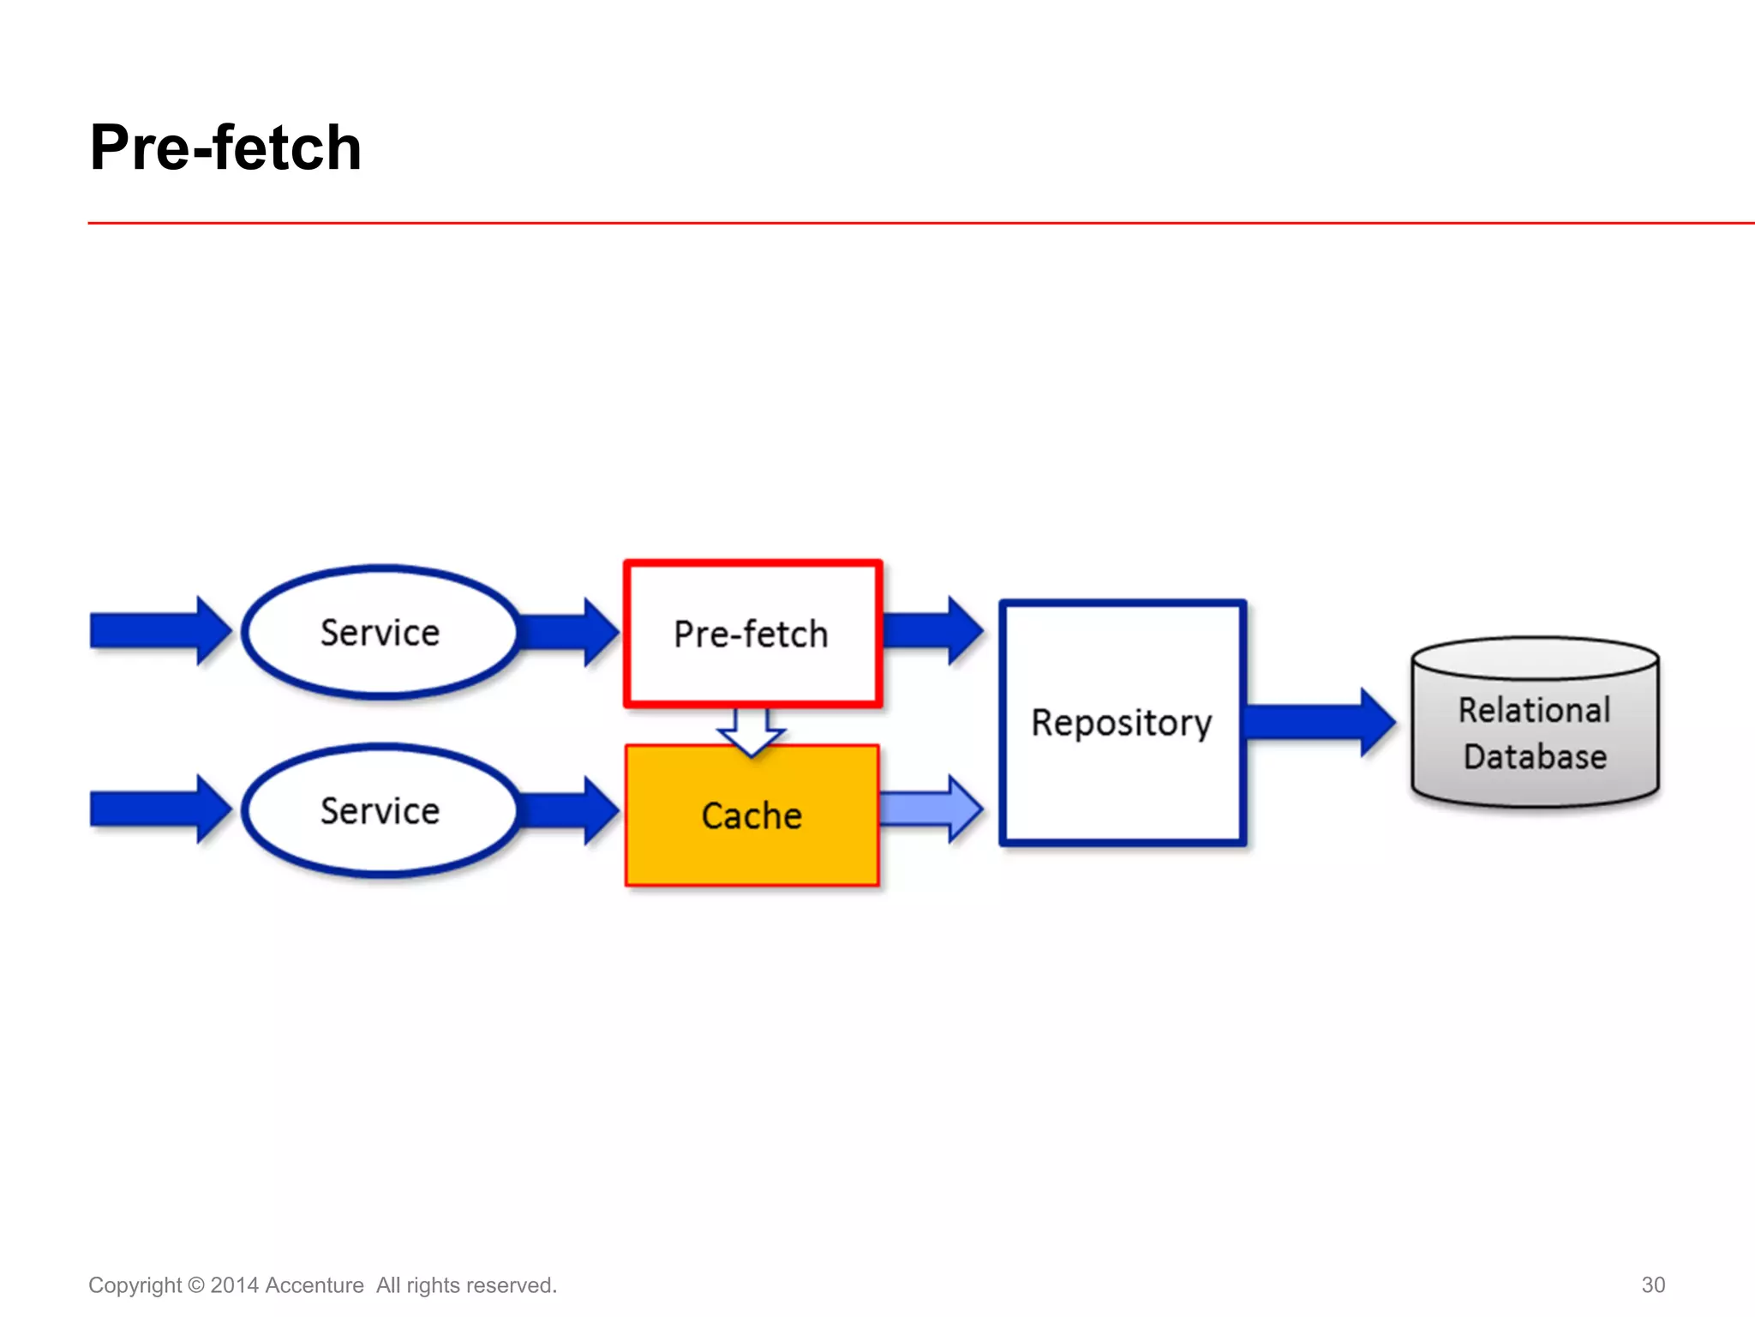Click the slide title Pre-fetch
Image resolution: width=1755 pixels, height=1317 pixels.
(x=225, y=147)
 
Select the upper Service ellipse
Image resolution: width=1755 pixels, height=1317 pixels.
(x=380, y=633)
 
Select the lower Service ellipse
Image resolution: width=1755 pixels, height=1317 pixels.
(x=380, y=811)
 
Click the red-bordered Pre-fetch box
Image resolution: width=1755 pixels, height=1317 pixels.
(x=752, y=634)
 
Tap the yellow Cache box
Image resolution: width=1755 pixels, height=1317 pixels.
(x=752, y=815)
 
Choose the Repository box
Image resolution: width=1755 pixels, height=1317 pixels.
(x=1122, y=723)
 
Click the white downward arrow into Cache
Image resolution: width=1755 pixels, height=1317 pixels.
(x=752, y=731)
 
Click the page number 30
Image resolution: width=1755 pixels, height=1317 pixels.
(x=1652, y=1284)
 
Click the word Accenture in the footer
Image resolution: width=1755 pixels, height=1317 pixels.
(x=314, y=1285)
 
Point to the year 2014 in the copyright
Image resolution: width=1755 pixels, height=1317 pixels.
(x=234, y=1285)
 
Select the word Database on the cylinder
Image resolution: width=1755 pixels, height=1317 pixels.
(x=1535, y=757)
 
